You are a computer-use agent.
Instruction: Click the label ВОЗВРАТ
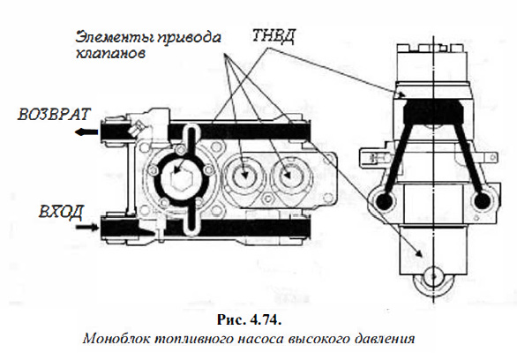point(54,114)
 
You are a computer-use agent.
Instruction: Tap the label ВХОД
point(61,212)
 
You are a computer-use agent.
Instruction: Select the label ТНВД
point(273,35)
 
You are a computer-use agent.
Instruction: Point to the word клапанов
point(110,54)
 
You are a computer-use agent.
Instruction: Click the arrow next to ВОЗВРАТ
point(86,132)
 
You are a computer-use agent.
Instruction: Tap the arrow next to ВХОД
point(87,227)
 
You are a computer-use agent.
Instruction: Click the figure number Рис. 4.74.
point(250,319)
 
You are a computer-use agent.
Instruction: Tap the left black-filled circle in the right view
point(385,200)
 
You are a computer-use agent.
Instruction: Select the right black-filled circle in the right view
point(482,200)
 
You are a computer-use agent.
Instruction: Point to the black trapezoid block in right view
point(433,111)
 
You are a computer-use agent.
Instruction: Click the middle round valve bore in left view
point(244,176)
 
